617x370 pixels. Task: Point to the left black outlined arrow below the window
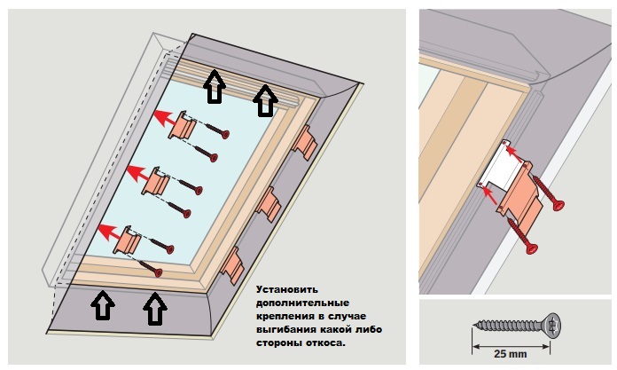(x=104, y=306)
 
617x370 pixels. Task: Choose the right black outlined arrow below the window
(x=155, y=310)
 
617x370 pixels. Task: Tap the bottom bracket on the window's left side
(x=131, y=239)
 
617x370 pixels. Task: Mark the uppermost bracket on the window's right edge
(x=307, y=142)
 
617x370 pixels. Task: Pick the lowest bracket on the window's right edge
(x=232, y=263)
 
